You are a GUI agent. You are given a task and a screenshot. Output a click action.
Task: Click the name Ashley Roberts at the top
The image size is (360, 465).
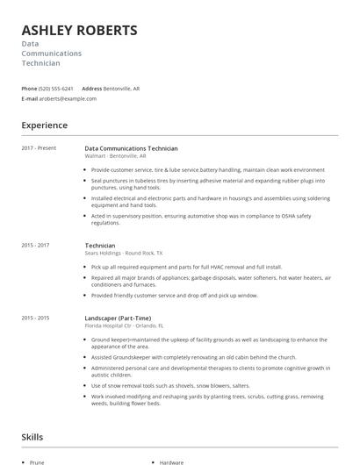[79, 31]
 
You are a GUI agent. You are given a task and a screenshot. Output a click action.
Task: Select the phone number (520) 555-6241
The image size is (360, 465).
[56, 89]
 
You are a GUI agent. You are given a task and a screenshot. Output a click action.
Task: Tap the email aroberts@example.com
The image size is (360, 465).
[68, 99]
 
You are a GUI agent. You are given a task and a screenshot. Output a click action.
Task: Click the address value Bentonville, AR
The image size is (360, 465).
[123, 89]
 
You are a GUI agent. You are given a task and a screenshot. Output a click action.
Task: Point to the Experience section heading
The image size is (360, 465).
[44, 125]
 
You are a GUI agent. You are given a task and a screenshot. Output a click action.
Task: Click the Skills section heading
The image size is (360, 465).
[33, 436]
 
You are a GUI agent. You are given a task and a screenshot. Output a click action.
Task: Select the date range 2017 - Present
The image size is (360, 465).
[39, 148]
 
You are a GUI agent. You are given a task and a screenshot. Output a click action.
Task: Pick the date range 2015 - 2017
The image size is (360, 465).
[35, 245]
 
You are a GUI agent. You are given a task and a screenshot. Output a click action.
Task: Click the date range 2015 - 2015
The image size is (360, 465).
[35, 318]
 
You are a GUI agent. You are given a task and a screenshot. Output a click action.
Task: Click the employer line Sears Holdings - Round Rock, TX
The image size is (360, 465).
[123, 253]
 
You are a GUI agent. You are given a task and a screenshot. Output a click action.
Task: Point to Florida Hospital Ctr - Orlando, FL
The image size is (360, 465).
[125, 325]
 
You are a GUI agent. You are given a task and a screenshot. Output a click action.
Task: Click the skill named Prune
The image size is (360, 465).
[37, 461]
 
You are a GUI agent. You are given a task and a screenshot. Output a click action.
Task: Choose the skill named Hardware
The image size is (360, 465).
[171, 461]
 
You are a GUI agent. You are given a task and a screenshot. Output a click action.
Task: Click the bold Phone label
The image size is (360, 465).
[29, 89]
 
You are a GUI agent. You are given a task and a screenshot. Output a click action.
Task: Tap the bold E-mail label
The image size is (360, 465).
[30, 99]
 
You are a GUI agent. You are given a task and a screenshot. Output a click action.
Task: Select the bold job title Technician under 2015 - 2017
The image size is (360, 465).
[100, 245]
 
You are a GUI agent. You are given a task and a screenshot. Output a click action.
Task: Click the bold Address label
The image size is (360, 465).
[92, 89]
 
